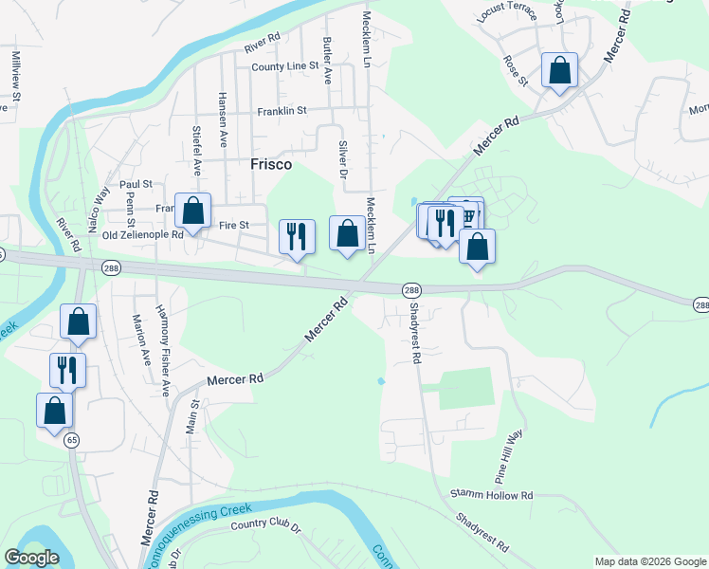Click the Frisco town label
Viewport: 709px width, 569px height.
(270, 164)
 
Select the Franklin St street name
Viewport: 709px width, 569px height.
(282, 111)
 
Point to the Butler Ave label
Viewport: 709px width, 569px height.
(327, 58)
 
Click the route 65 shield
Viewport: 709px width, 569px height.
(71, 440)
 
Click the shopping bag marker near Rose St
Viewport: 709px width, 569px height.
(559, 71)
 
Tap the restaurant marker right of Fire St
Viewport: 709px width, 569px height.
(297, 236)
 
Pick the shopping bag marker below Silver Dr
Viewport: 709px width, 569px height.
(347, 233)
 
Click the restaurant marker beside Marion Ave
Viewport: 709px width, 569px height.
(66, 369)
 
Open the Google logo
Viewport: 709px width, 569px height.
(32, 558)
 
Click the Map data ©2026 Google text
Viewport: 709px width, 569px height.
(649, 561)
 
